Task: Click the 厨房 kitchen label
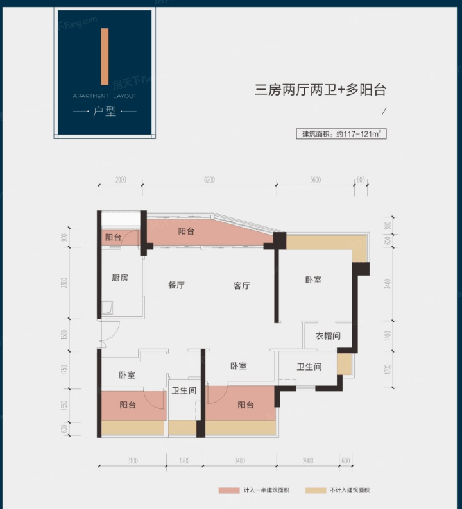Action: (120, 278)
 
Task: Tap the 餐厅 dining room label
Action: (176, 286)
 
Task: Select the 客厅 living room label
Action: (242, 286)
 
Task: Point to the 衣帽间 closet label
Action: (327, 336)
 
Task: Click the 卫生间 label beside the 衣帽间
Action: (309, 367)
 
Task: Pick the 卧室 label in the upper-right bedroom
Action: (313, 280)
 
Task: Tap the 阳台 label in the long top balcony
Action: (187, 231)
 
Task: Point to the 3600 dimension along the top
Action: (314, 180)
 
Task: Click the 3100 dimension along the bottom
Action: (132, 460)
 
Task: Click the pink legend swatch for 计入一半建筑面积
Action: (228, 490)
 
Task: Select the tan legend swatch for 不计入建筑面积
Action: (314, 490)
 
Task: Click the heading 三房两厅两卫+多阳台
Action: (323, 89)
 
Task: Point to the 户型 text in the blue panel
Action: (104, 111)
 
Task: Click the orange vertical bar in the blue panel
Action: (104, 58)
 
